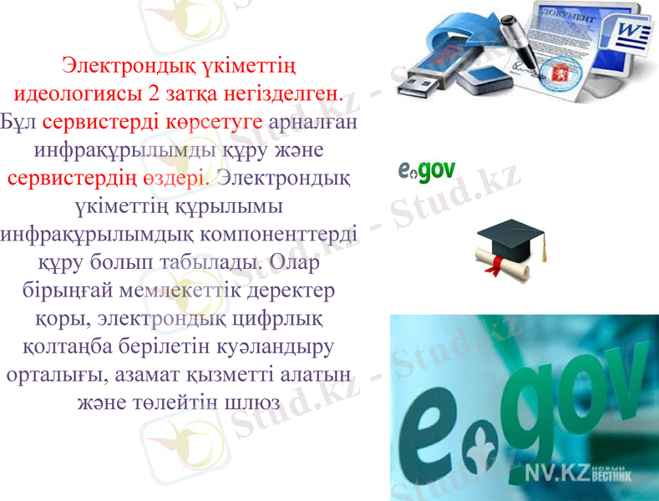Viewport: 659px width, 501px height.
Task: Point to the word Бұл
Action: (19, 122)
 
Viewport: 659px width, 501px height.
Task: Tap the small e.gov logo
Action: (426, 171)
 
